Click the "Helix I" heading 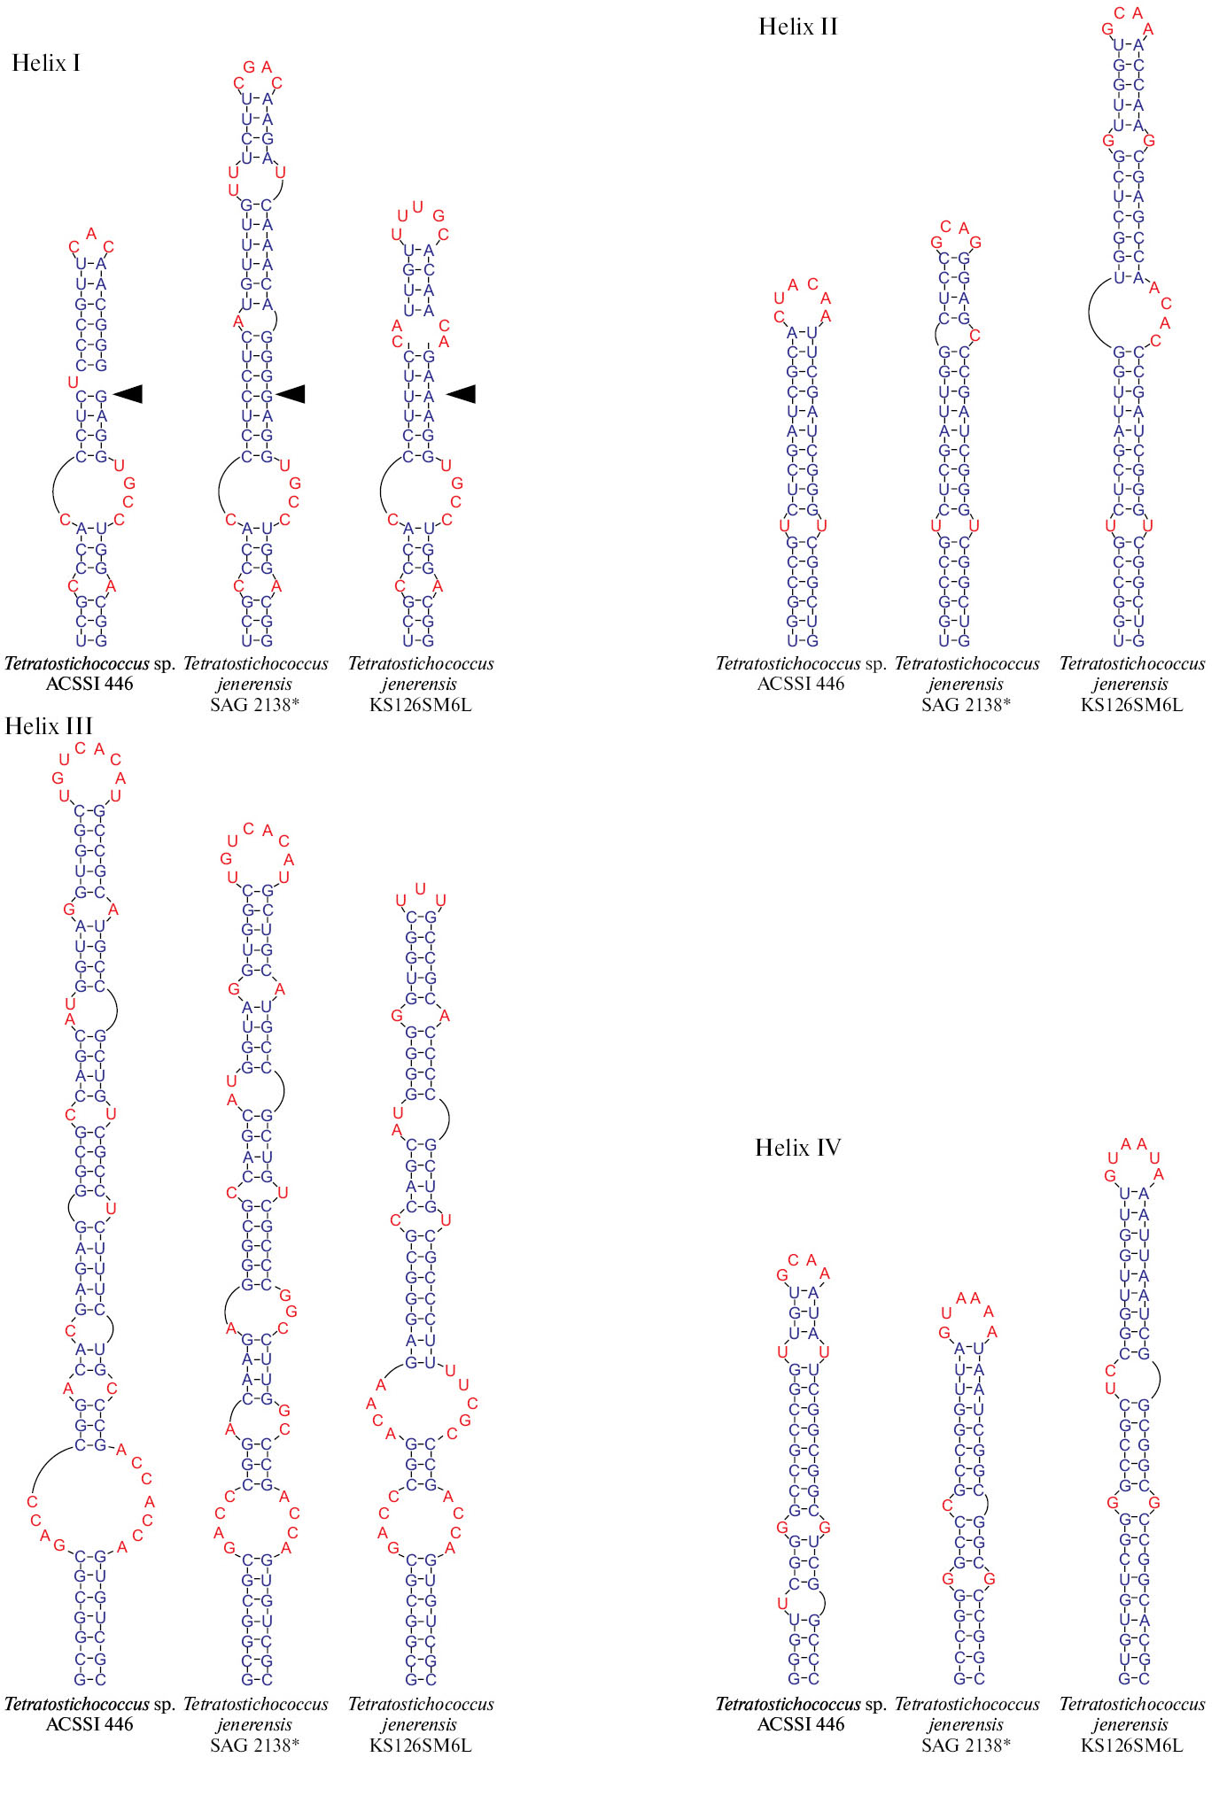point(46,64)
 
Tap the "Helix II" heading point(797,27)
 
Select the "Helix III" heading point(49,726)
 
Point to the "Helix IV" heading point(797,1148)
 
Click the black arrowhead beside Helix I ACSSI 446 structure point(128,394)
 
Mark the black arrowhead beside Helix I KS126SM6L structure point(461,394)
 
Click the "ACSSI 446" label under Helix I point(89,684)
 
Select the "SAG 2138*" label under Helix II point(965,705)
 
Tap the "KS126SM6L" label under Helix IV point(1131,1746)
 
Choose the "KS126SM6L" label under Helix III point(420,1746)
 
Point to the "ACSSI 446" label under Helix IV point(801,1724)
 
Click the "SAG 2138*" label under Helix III point(254,1746)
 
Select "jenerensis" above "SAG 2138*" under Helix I point(254,684)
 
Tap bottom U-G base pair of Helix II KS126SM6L point(1130,640)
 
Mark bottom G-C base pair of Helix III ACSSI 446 point(90,1679)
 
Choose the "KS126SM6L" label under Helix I point(420,705)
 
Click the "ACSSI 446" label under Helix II point(801,684)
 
